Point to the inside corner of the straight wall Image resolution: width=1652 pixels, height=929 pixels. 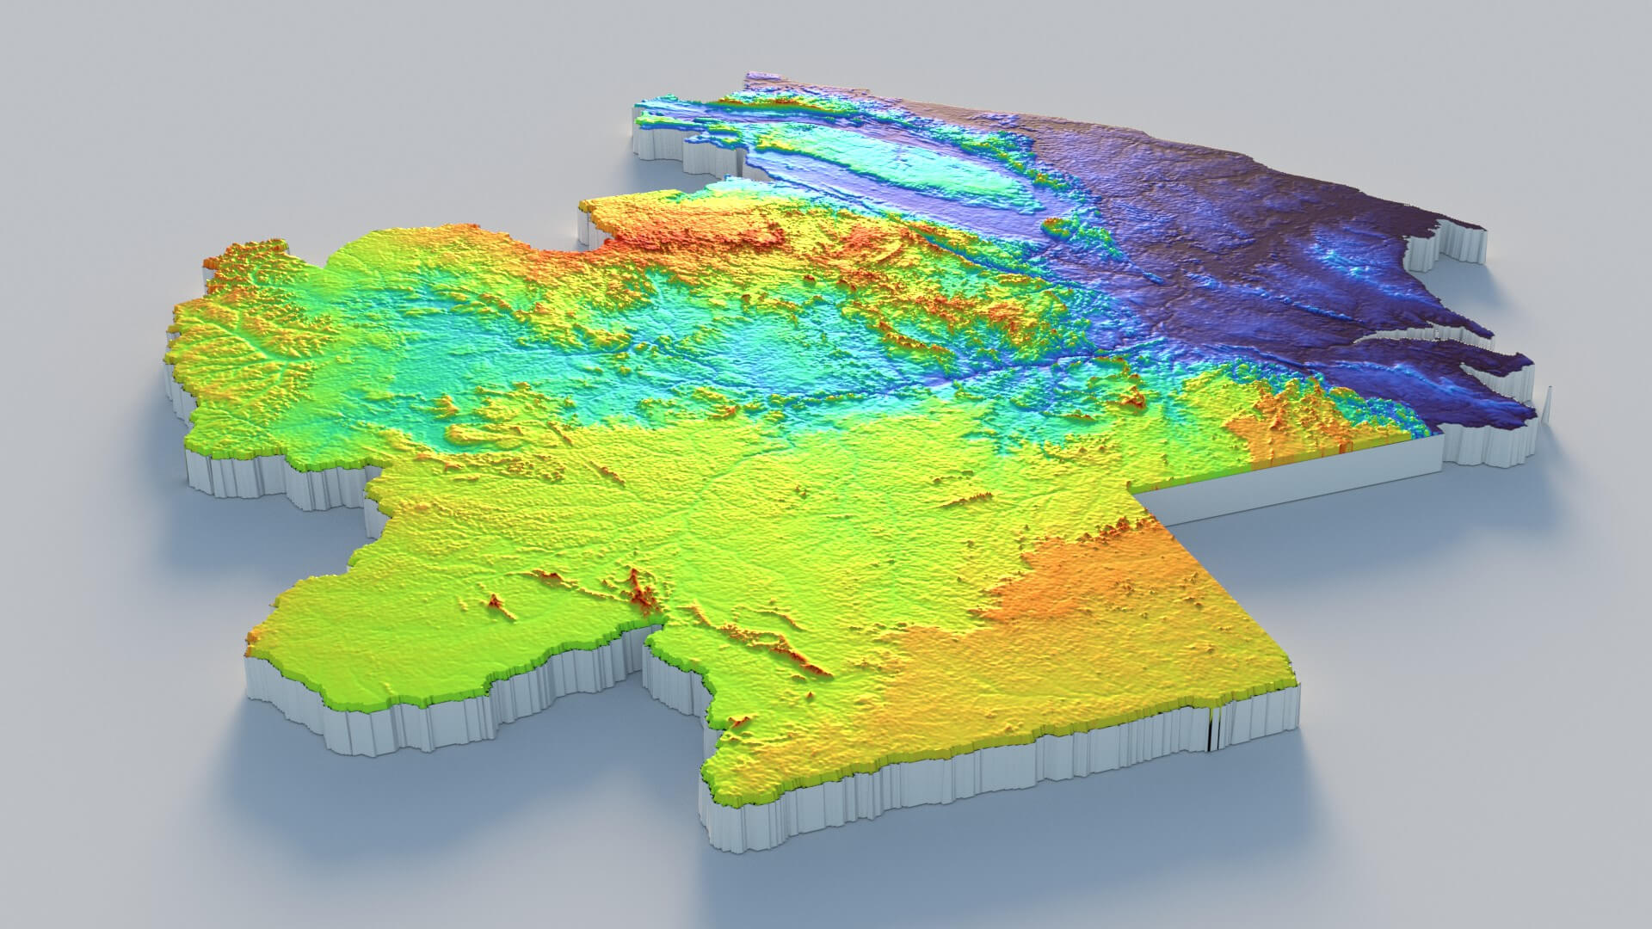1137,492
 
